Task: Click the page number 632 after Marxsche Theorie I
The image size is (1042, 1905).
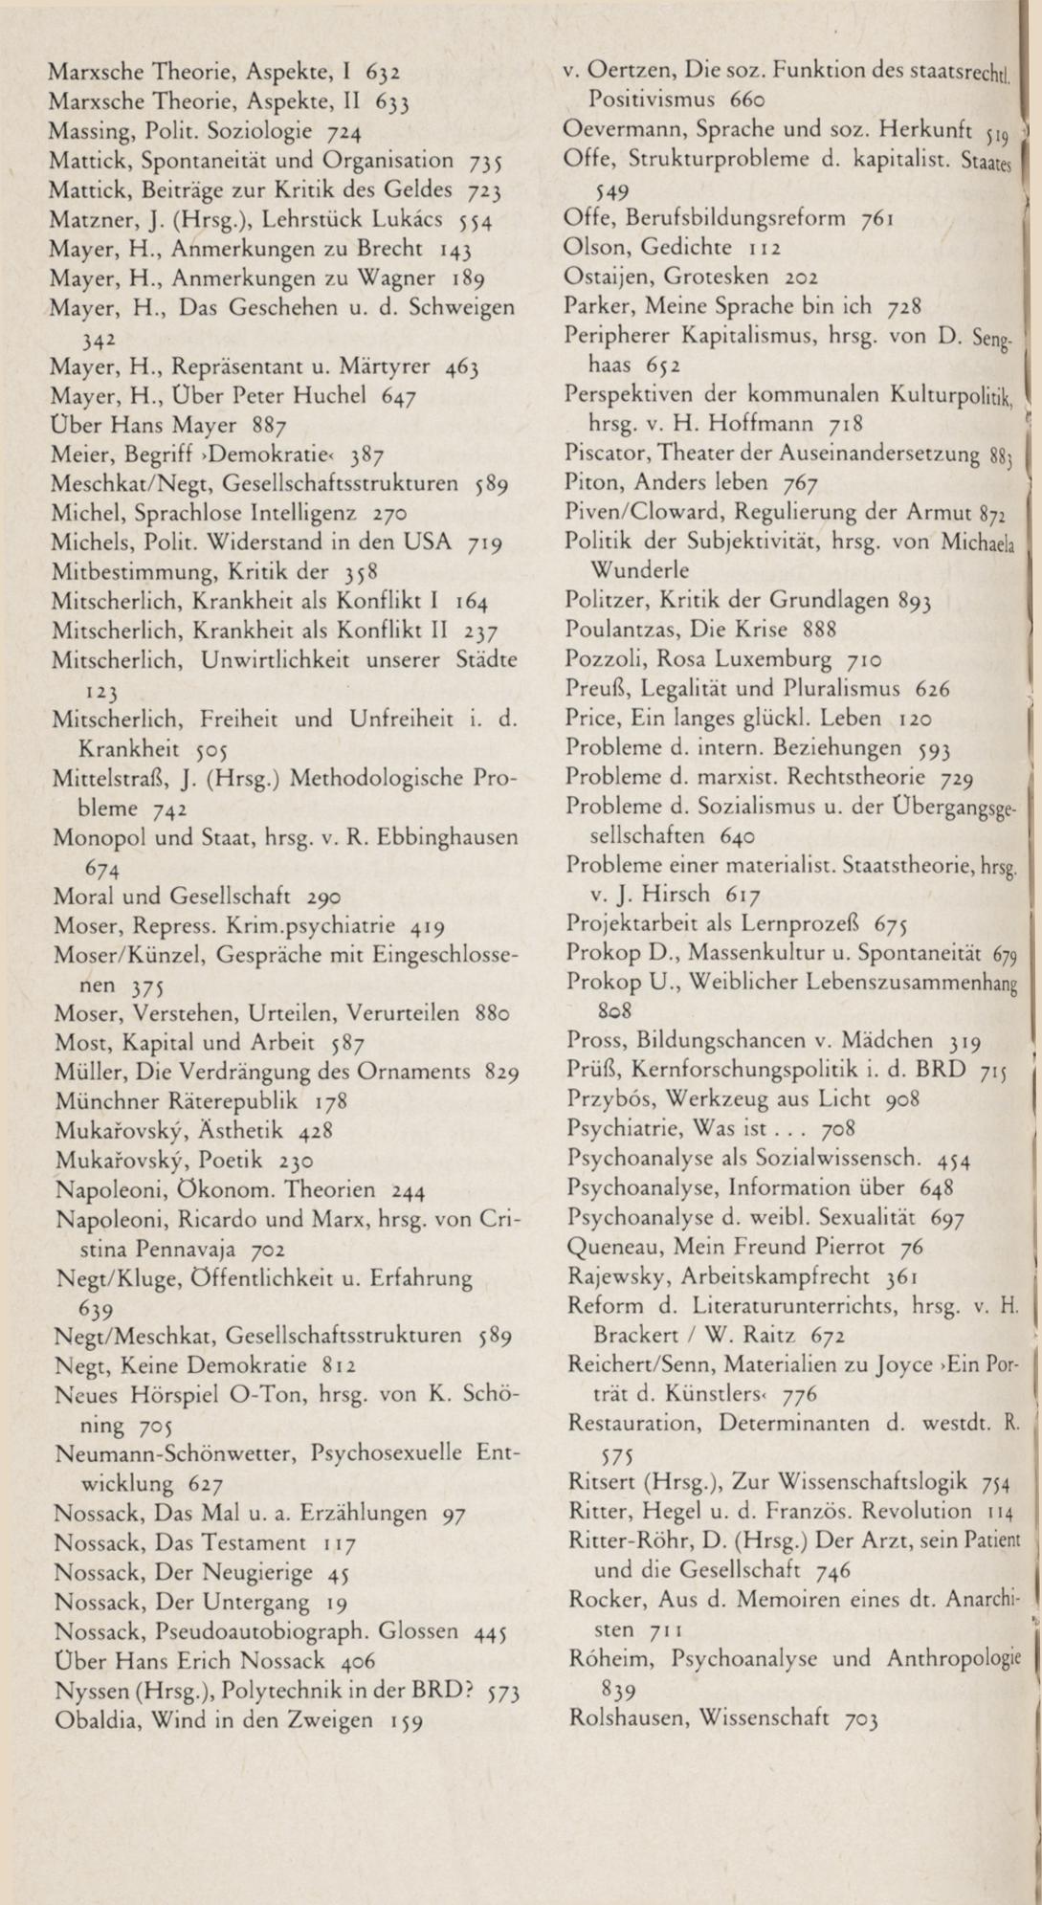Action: [383, 71]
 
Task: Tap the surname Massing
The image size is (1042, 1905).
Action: [85, 130]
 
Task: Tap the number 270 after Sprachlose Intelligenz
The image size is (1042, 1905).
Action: [391, 513]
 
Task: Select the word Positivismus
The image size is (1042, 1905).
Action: [653, 99]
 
